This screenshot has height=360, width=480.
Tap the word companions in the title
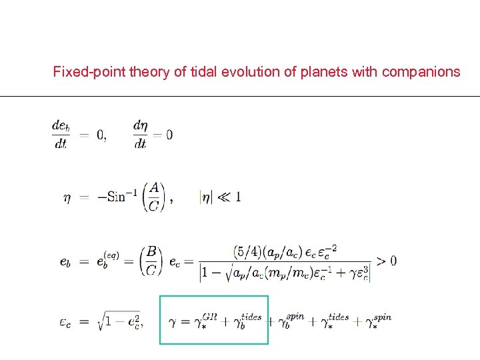tap(421, 72)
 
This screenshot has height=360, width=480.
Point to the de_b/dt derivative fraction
tap(61, 134)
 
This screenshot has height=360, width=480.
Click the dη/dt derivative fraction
tap(141, 134)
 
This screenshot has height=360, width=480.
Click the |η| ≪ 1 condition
tap(220, 197)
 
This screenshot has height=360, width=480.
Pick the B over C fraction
tap(152, 260)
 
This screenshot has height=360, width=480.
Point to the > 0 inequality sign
tap(385, 260)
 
